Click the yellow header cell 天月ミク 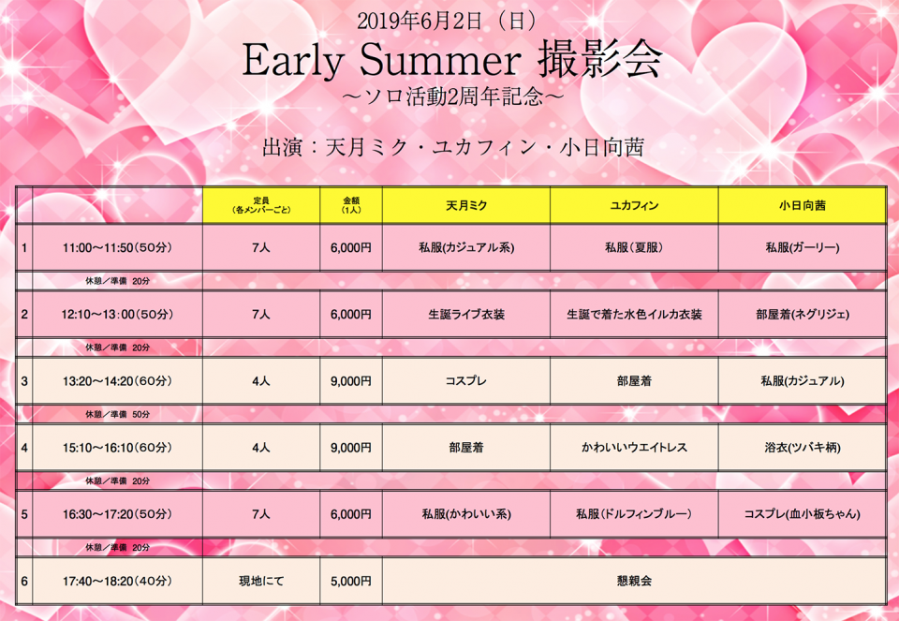(466, 205)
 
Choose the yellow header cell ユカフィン (634, 205)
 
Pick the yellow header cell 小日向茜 (803, 205)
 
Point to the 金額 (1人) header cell (351, 205)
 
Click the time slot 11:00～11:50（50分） (118, 247)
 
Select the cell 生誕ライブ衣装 (466, 314)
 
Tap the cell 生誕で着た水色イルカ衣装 (634, 314)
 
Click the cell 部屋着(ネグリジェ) (803, 314)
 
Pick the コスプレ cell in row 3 (466, 380)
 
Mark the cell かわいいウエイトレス (634, 448)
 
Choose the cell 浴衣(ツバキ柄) (803, 448)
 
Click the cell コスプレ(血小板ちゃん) (803, 514)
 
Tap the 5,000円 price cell (351, 581)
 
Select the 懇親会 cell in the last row (634, 581)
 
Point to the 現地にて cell (261, 581)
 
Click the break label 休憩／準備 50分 (118, 414)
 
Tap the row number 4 (24, 448)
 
